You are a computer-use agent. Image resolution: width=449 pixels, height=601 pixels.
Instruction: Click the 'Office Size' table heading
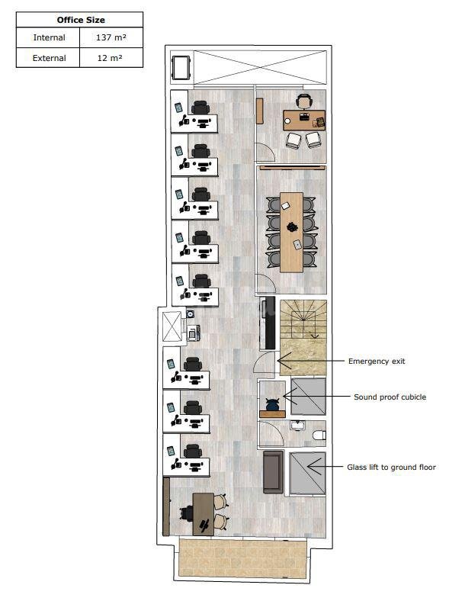tap(81, 20)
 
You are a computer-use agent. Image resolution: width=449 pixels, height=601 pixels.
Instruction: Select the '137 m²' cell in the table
tap(111, 37)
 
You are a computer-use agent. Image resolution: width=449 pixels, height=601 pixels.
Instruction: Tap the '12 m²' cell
tap(110, 58)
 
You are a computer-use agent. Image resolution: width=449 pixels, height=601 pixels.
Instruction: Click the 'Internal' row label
tap(49, 37)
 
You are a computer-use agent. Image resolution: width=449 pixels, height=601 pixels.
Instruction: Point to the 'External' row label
tap(49, 58)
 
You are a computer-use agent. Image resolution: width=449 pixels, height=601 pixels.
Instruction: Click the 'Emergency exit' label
tap(377, 361)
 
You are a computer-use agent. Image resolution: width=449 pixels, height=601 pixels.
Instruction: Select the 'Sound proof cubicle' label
tap(390, 397)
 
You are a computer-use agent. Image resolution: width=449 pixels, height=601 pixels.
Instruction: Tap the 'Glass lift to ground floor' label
tap(391, 468)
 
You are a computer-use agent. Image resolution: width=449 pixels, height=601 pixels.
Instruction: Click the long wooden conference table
tap(291, 233)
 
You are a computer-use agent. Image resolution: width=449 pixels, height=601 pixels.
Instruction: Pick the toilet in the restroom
tap(319, 435)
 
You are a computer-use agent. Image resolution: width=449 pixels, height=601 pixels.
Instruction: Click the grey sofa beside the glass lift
tap(273, 472)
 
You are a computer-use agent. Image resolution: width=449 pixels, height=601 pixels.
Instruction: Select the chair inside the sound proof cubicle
tap(272, 404)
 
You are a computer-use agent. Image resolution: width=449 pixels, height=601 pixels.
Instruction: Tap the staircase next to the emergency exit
tap(303, 337)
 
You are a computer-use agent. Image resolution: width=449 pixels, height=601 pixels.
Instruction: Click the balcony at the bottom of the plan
tap(243, 558)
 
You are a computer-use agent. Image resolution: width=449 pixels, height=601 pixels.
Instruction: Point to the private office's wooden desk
tap(304, 121)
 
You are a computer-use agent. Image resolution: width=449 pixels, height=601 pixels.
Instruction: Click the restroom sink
tap(297, 425)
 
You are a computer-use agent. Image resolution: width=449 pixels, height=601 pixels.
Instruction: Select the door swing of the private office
tap(265, 152)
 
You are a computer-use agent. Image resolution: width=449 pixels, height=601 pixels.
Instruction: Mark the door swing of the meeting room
tap(265, 284)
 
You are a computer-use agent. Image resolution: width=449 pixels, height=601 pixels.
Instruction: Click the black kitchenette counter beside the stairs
tap(268, 323)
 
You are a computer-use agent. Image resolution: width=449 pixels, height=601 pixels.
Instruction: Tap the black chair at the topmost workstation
tap(200, 108)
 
